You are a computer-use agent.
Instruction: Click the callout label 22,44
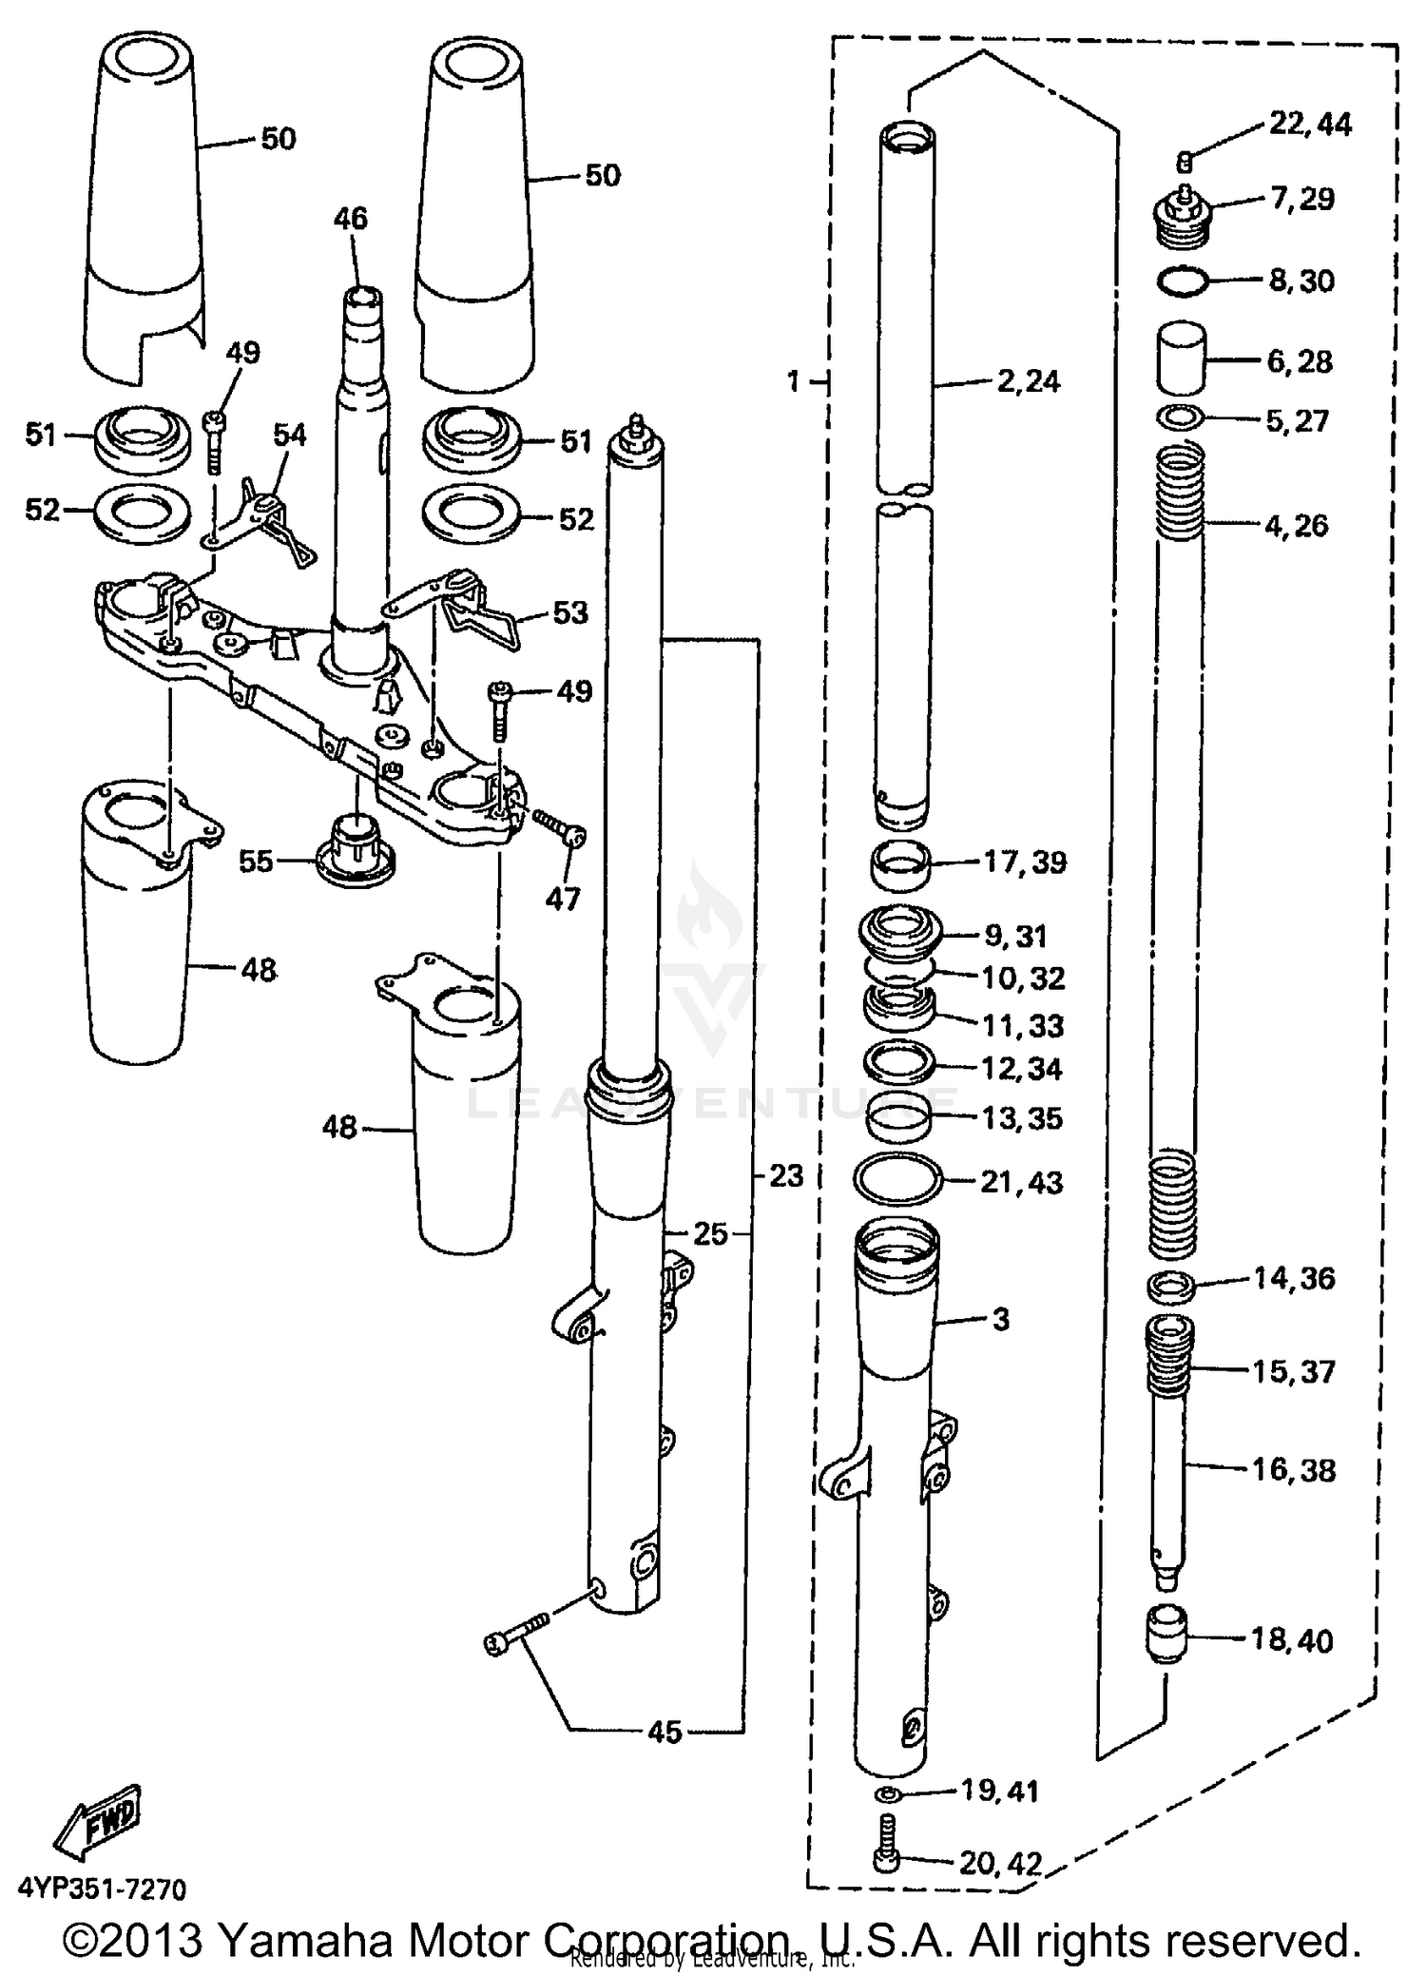[x=1310, y=125]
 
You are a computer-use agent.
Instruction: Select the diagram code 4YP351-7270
[x=101, y=1889]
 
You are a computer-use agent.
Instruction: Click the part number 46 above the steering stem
[x=350, y=219]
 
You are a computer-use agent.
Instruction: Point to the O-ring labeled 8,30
[x=1184, y=281]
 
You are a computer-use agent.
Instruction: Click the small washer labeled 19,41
[x=886, y=1793]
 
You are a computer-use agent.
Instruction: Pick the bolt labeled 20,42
[x=885, y=1851]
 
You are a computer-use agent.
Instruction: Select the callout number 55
[x=256, y=862]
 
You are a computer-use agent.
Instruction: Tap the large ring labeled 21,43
[x=898, y=1180]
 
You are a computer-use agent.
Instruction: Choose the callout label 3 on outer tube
[x=1000, y=1319]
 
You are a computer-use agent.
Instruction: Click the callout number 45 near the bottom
[x=665, y=1732]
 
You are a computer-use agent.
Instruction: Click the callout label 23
[x=786, y=1176]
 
